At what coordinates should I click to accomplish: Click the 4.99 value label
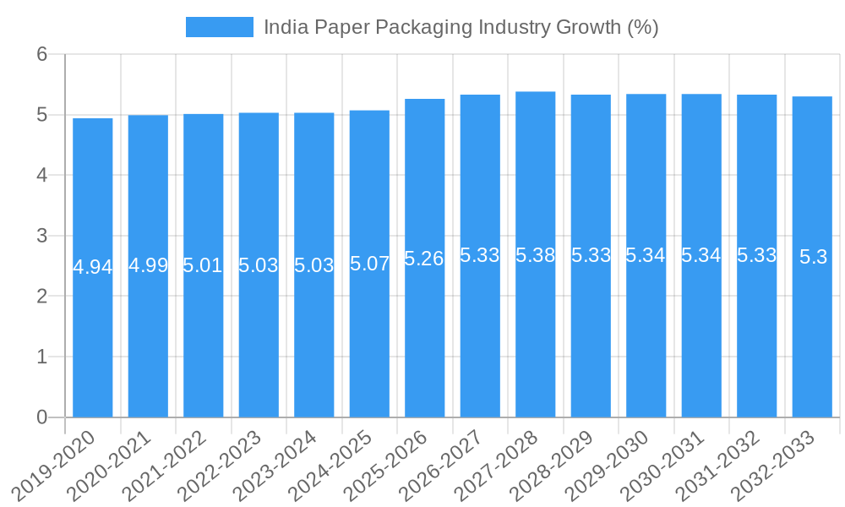148,265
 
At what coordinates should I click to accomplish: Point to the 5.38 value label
536,255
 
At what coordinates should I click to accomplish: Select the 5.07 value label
369,264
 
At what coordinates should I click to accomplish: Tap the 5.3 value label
813,258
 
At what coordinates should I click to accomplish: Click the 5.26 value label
424,259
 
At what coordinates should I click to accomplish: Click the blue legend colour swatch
220,27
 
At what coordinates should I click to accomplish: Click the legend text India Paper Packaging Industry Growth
461,27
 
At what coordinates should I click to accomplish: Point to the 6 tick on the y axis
41,54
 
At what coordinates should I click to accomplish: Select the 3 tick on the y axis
41,236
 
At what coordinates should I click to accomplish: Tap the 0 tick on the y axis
41,417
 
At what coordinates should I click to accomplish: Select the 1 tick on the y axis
41,357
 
